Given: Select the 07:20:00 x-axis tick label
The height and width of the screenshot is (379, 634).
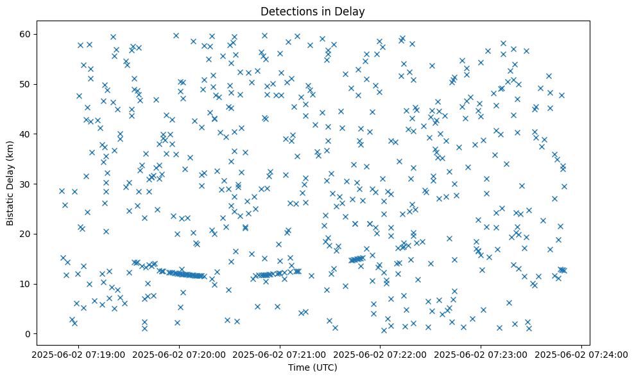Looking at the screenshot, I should click(179, 354).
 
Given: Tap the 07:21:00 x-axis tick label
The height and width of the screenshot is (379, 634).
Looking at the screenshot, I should click(280, 354).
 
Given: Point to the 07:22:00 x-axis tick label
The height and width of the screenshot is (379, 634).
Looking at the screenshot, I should click(380, 354).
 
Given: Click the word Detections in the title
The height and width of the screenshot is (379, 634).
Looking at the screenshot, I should click(286, 11).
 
